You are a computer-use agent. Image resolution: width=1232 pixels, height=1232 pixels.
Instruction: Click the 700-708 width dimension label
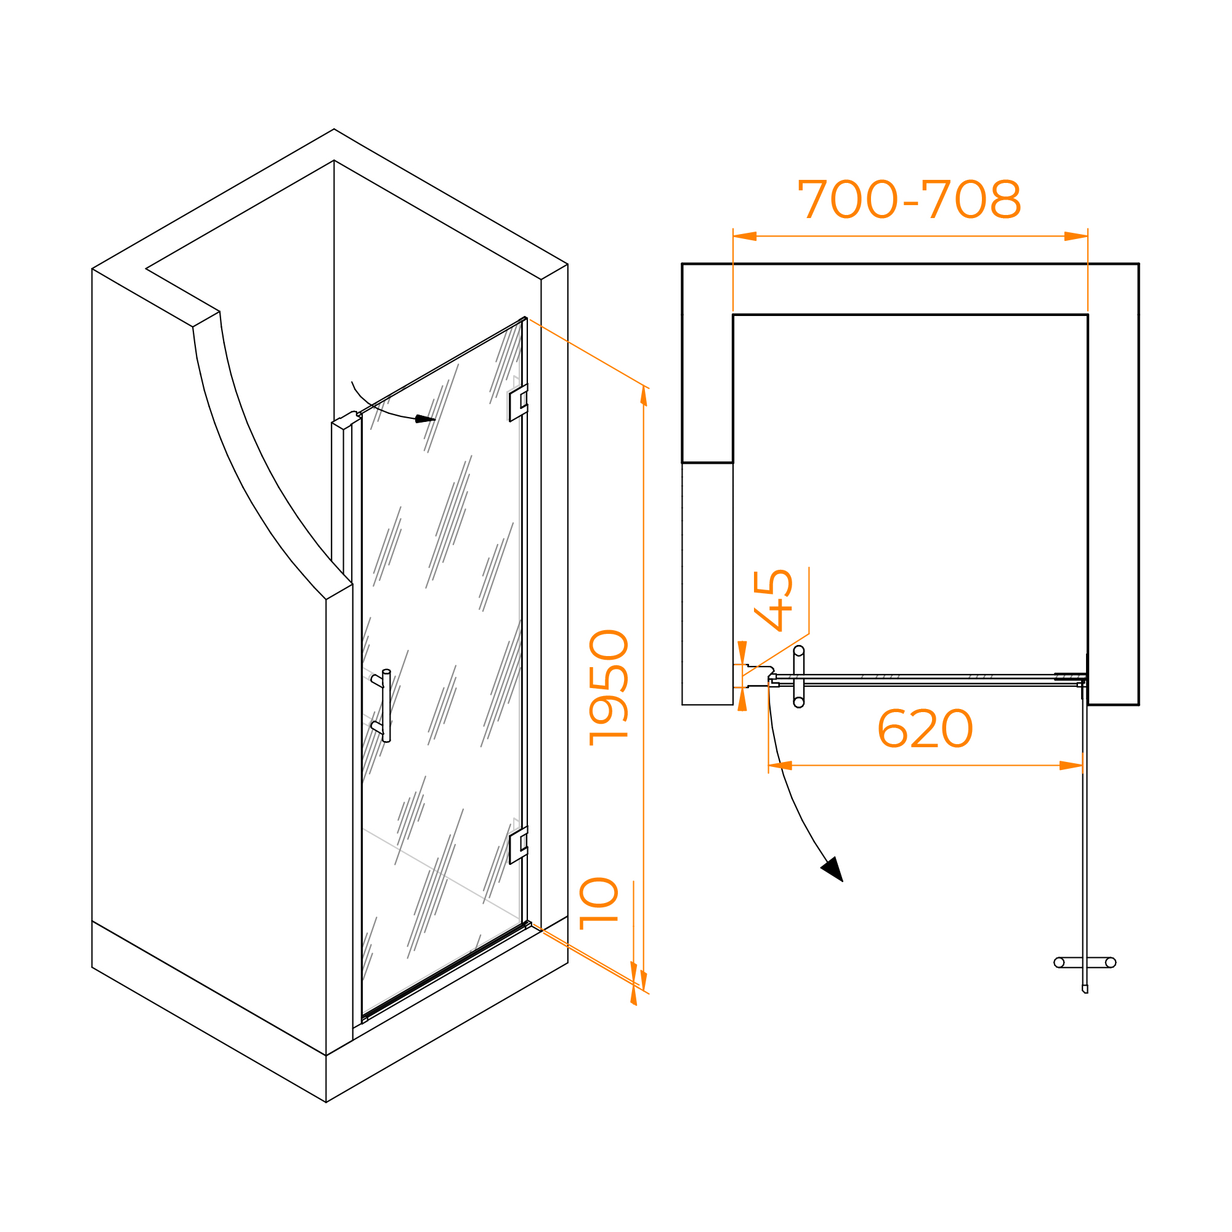pos(909,199)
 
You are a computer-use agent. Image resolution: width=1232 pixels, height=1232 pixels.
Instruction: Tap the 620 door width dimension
pos(925,729)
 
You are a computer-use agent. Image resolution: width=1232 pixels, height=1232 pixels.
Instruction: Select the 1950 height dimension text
pos(609,688)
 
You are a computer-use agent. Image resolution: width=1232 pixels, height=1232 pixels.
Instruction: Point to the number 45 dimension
pos(773,600)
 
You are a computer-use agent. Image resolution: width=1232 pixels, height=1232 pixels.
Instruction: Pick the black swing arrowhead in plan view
pos(833,870)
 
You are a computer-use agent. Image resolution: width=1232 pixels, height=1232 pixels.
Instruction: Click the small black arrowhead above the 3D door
pos(424,419)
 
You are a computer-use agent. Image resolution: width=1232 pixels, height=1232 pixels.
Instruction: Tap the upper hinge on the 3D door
pos(518,402)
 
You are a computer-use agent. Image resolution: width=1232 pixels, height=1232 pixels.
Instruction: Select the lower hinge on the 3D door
pos(518,846)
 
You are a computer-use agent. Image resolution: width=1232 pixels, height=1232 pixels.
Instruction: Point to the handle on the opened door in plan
pos(1085,962)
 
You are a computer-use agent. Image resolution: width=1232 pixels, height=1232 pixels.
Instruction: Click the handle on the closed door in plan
pos(798,676)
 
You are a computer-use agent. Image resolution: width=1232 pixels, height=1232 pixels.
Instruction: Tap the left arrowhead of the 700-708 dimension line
pos(744,236)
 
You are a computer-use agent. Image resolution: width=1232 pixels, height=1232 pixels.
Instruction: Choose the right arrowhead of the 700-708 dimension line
pos(1076,236)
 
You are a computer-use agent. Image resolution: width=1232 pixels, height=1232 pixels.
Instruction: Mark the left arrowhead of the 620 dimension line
pos(780,765)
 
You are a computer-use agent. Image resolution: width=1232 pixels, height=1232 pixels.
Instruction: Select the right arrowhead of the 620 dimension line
pos(1071,765)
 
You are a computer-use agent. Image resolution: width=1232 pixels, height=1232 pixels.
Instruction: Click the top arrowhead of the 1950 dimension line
pos(644,395)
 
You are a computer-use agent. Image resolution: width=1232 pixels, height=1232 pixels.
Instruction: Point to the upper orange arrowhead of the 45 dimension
pos(742,652)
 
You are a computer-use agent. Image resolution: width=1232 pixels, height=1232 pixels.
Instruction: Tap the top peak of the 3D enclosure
pos(333,129)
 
